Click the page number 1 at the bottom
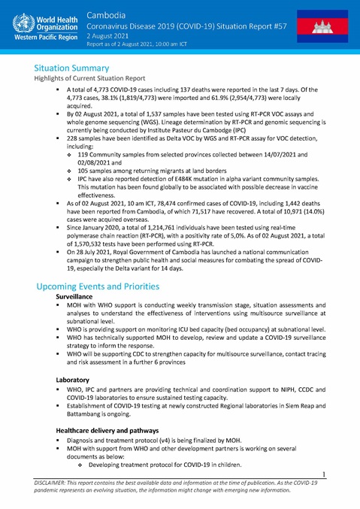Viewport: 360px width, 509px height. pyautogui.click(x=323, y=474)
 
